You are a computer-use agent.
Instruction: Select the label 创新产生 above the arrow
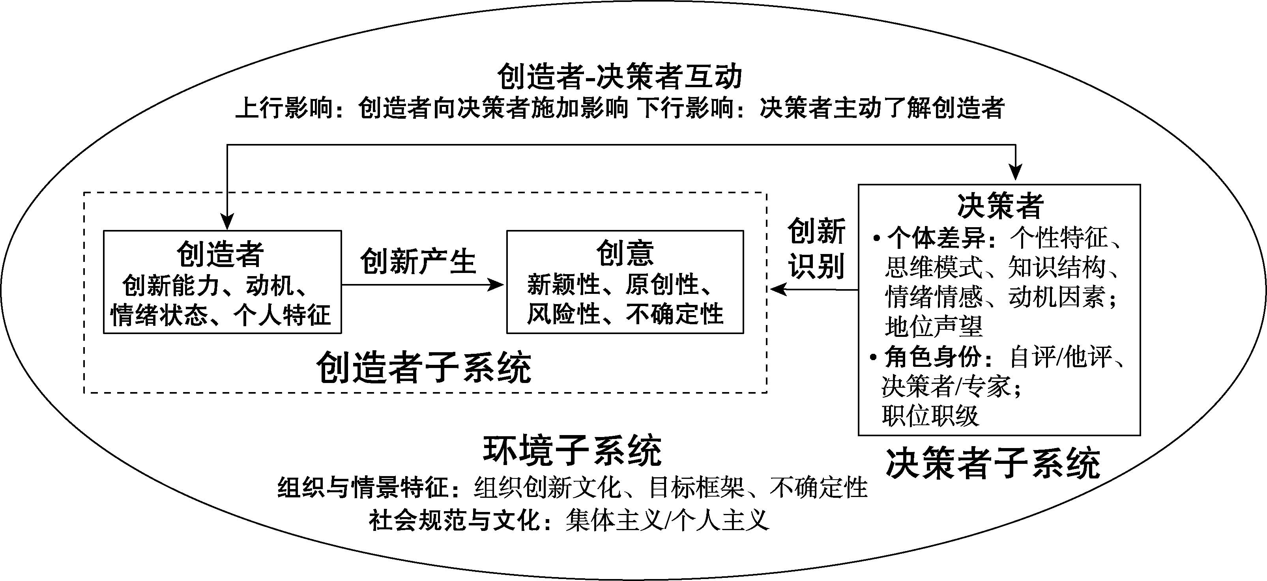pyautogui.click(x=418, y=262)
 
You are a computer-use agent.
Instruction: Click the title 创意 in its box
pyautogui.click(x=625, y=254)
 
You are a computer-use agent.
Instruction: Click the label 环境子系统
pyautogui.click(x=572, y=450)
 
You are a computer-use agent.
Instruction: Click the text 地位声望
pyautogui.click(x=934, y=327)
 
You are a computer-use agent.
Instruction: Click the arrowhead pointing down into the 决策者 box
pyautogui.click(x=1016, y=173)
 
